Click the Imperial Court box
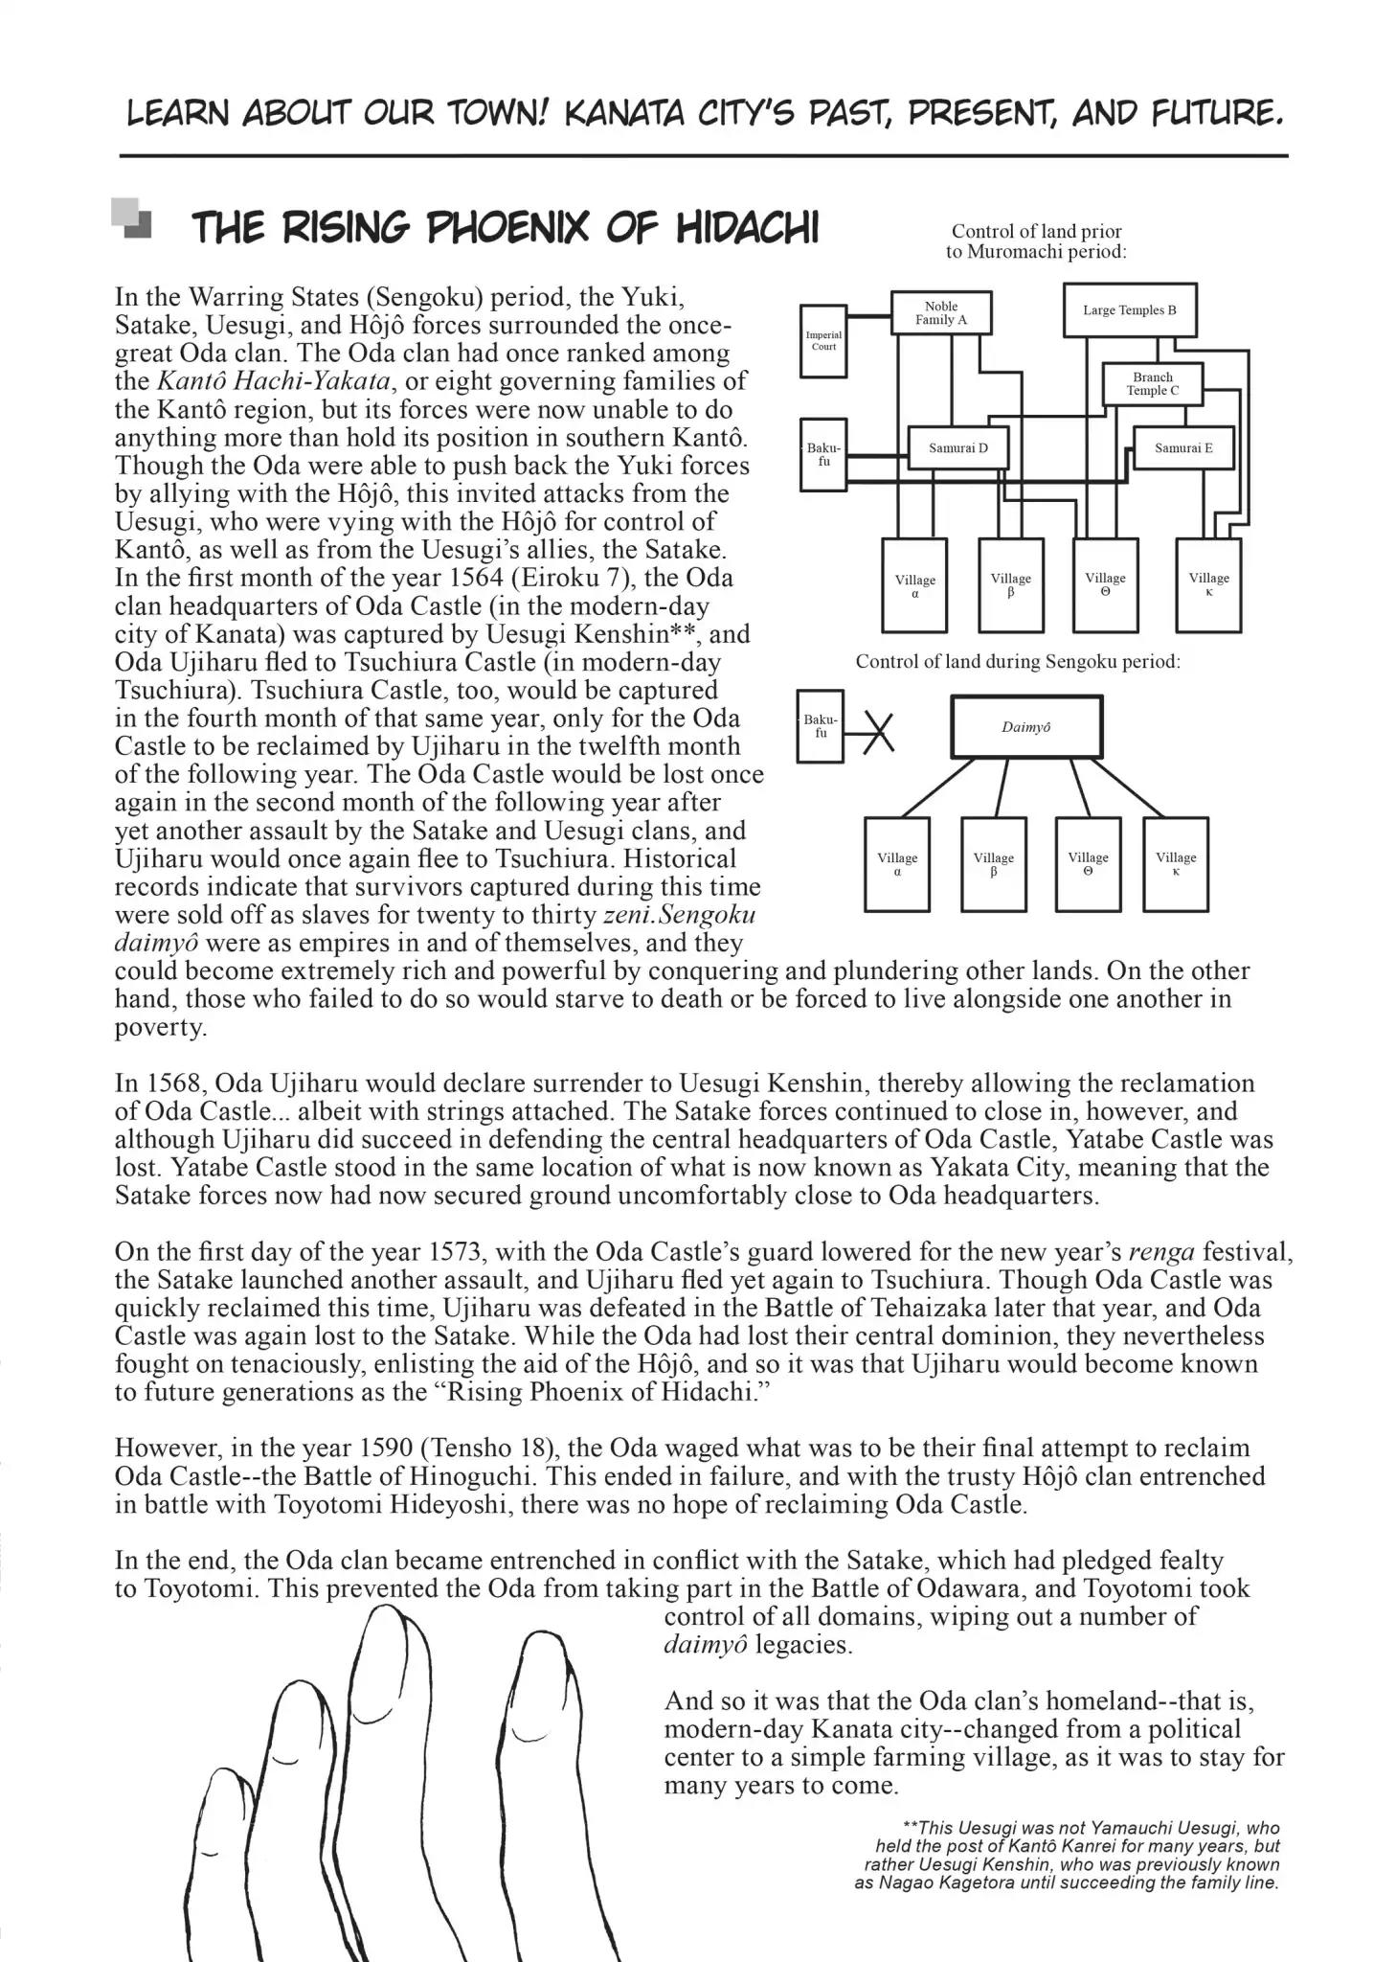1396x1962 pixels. pyautogui.click(x=822, y=341)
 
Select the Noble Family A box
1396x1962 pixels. pyautogui.click(x=940, y=313)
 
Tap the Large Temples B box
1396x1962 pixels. pyautogui.click(x=1129, y=310)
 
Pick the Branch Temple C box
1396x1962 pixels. pyautogui.click(x=1152, y=384)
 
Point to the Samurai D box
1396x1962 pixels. pyautogui.click(x=957, y=447)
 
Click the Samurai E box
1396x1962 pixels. pyautogui.click(x=1183, y=447)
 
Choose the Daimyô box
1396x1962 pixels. pyautogui.click(x=1025, y=727)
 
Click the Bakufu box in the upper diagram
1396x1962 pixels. pyautogui.click(x=822, y=455)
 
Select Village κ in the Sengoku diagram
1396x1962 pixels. pyautogui.click(x=1175, y=864)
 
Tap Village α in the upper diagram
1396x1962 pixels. pyautogui.click(x=914, y=585)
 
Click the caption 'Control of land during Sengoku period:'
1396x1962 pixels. pyautogui.click(x=1017, y=662)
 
